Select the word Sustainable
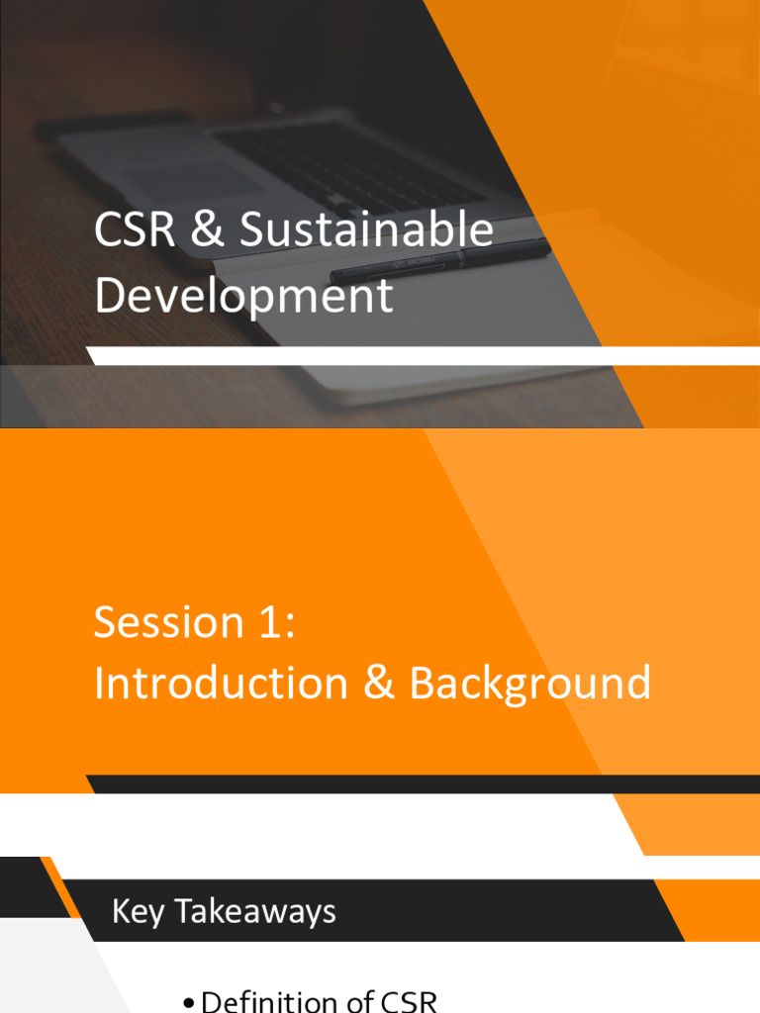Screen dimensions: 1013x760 (x=366, y=230)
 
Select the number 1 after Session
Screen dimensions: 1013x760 (x=273, y=622)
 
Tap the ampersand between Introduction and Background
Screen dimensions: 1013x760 (x=379, y=684)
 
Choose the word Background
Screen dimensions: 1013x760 (x=530, y=684)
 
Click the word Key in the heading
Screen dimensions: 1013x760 (x=138, y=912)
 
